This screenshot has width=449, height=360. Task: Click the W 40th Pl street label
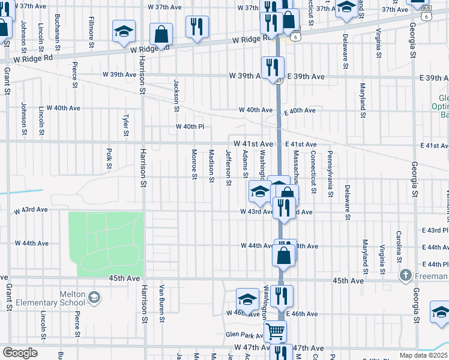click(x=190, y=127)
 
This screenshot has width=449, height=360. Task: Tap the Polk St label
click(x=109, y=158)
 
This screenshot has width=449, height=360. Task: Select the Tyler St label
click(x=126, y=125)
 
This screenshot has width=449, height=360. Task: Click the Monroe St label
click(x=194, y=164)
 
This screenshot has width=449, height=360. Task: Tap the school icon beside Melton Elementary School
click(x=94, y=298)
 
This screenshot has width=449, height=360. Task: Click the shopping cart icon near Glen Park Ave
click(x=275, y=330)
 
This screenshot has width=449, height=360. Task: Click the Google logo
click(x=20, y=353)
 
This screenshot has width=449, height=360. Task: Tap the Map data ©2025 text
click(x=423, y=356)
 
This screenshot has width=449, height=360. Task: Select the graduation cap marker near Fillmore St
click(x=124, y=31)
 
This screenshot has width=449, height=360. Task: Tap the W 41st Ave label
click(x=254, y=144)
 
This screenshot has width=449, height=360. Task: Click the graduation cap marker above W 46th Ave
click(x=247, y=299)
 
